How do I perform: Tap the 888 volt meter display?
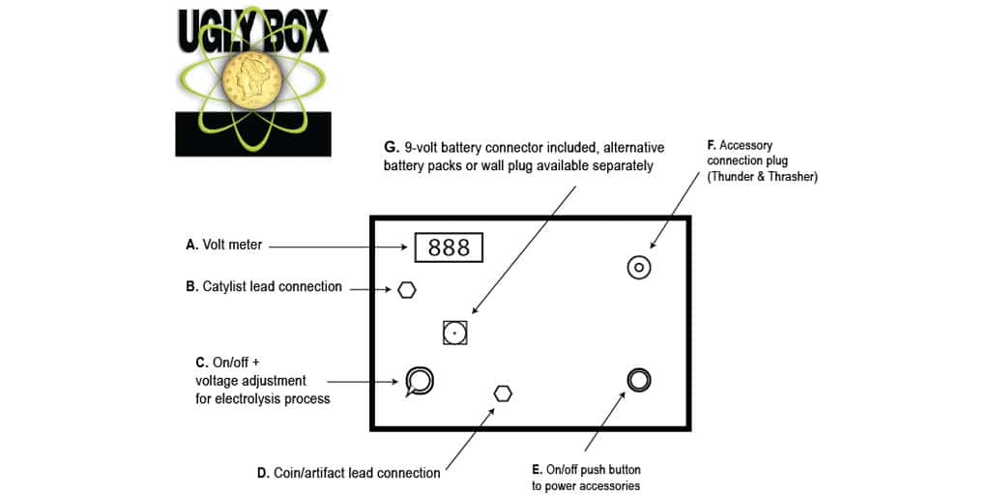[449, 247]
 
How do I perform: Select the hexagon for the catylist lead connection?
[407, 289]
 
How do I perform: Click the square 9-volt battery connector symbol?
[454, 333]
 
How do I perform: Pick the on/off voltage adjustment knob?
[420, 381]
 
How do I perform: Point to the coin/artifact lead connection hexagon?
[503, 393]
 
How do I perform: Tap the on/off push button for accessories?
[638, 380]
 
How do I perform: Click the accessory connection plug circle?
[639, 268]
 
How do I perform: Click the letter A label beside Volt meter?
[190, 246]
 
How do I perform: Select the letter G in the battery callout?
[391, 147]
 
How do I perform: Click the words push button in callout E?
[611, 469]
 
